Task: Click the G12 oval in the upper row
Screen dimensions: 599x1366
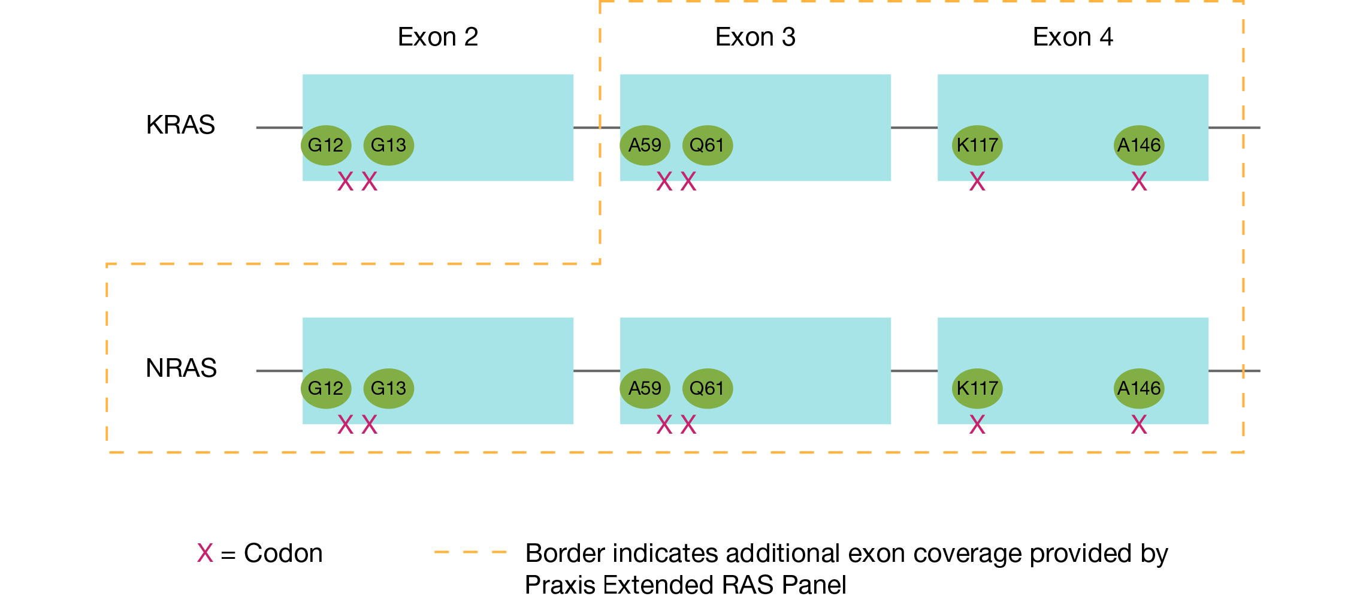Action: coord(325,145)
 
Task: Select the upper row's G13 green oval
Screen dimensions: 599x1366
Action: coord(388,145)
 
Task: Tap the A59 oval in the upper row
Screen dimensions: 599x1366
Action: coord(645,145)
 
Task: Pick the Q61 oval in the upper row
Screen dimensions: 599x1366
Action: coord(707,145)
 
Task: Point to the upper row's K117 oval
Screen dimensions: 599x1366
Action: coord(977,145)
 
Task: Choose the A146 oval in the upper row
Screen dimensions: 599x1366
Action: coord(1139,145)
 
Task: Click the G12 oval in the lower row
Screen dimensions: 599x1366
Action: coord(325,388)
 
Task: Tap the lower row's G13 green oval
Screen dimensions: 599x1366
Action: coord(388,388)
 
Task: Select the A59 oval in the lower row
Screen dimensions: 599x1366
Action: coord(645,388)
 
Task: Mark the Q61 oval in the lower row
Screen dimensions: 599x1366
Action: coord(707,388)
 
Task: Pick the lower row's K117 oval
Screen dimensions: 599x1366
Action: coord(977,388)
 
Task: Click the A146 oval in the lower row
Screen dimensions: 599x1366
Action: coord(1139,388)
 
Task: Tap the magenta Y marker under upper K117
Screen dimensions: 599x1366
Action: coord(977,177)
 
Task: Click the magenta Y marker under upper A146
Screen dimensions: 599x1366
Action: coord(1139,177)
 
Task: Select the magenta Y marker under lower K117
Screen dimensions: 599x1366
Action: coord(977,420)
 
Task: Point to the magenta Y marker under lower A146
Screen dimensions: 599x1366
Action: coord(1139,420)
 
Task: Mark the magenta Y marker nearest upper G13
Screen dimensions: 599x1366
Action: coord(370,177)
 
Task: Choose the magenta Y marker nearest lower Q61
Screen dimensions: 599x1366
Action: coord(688,420)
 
